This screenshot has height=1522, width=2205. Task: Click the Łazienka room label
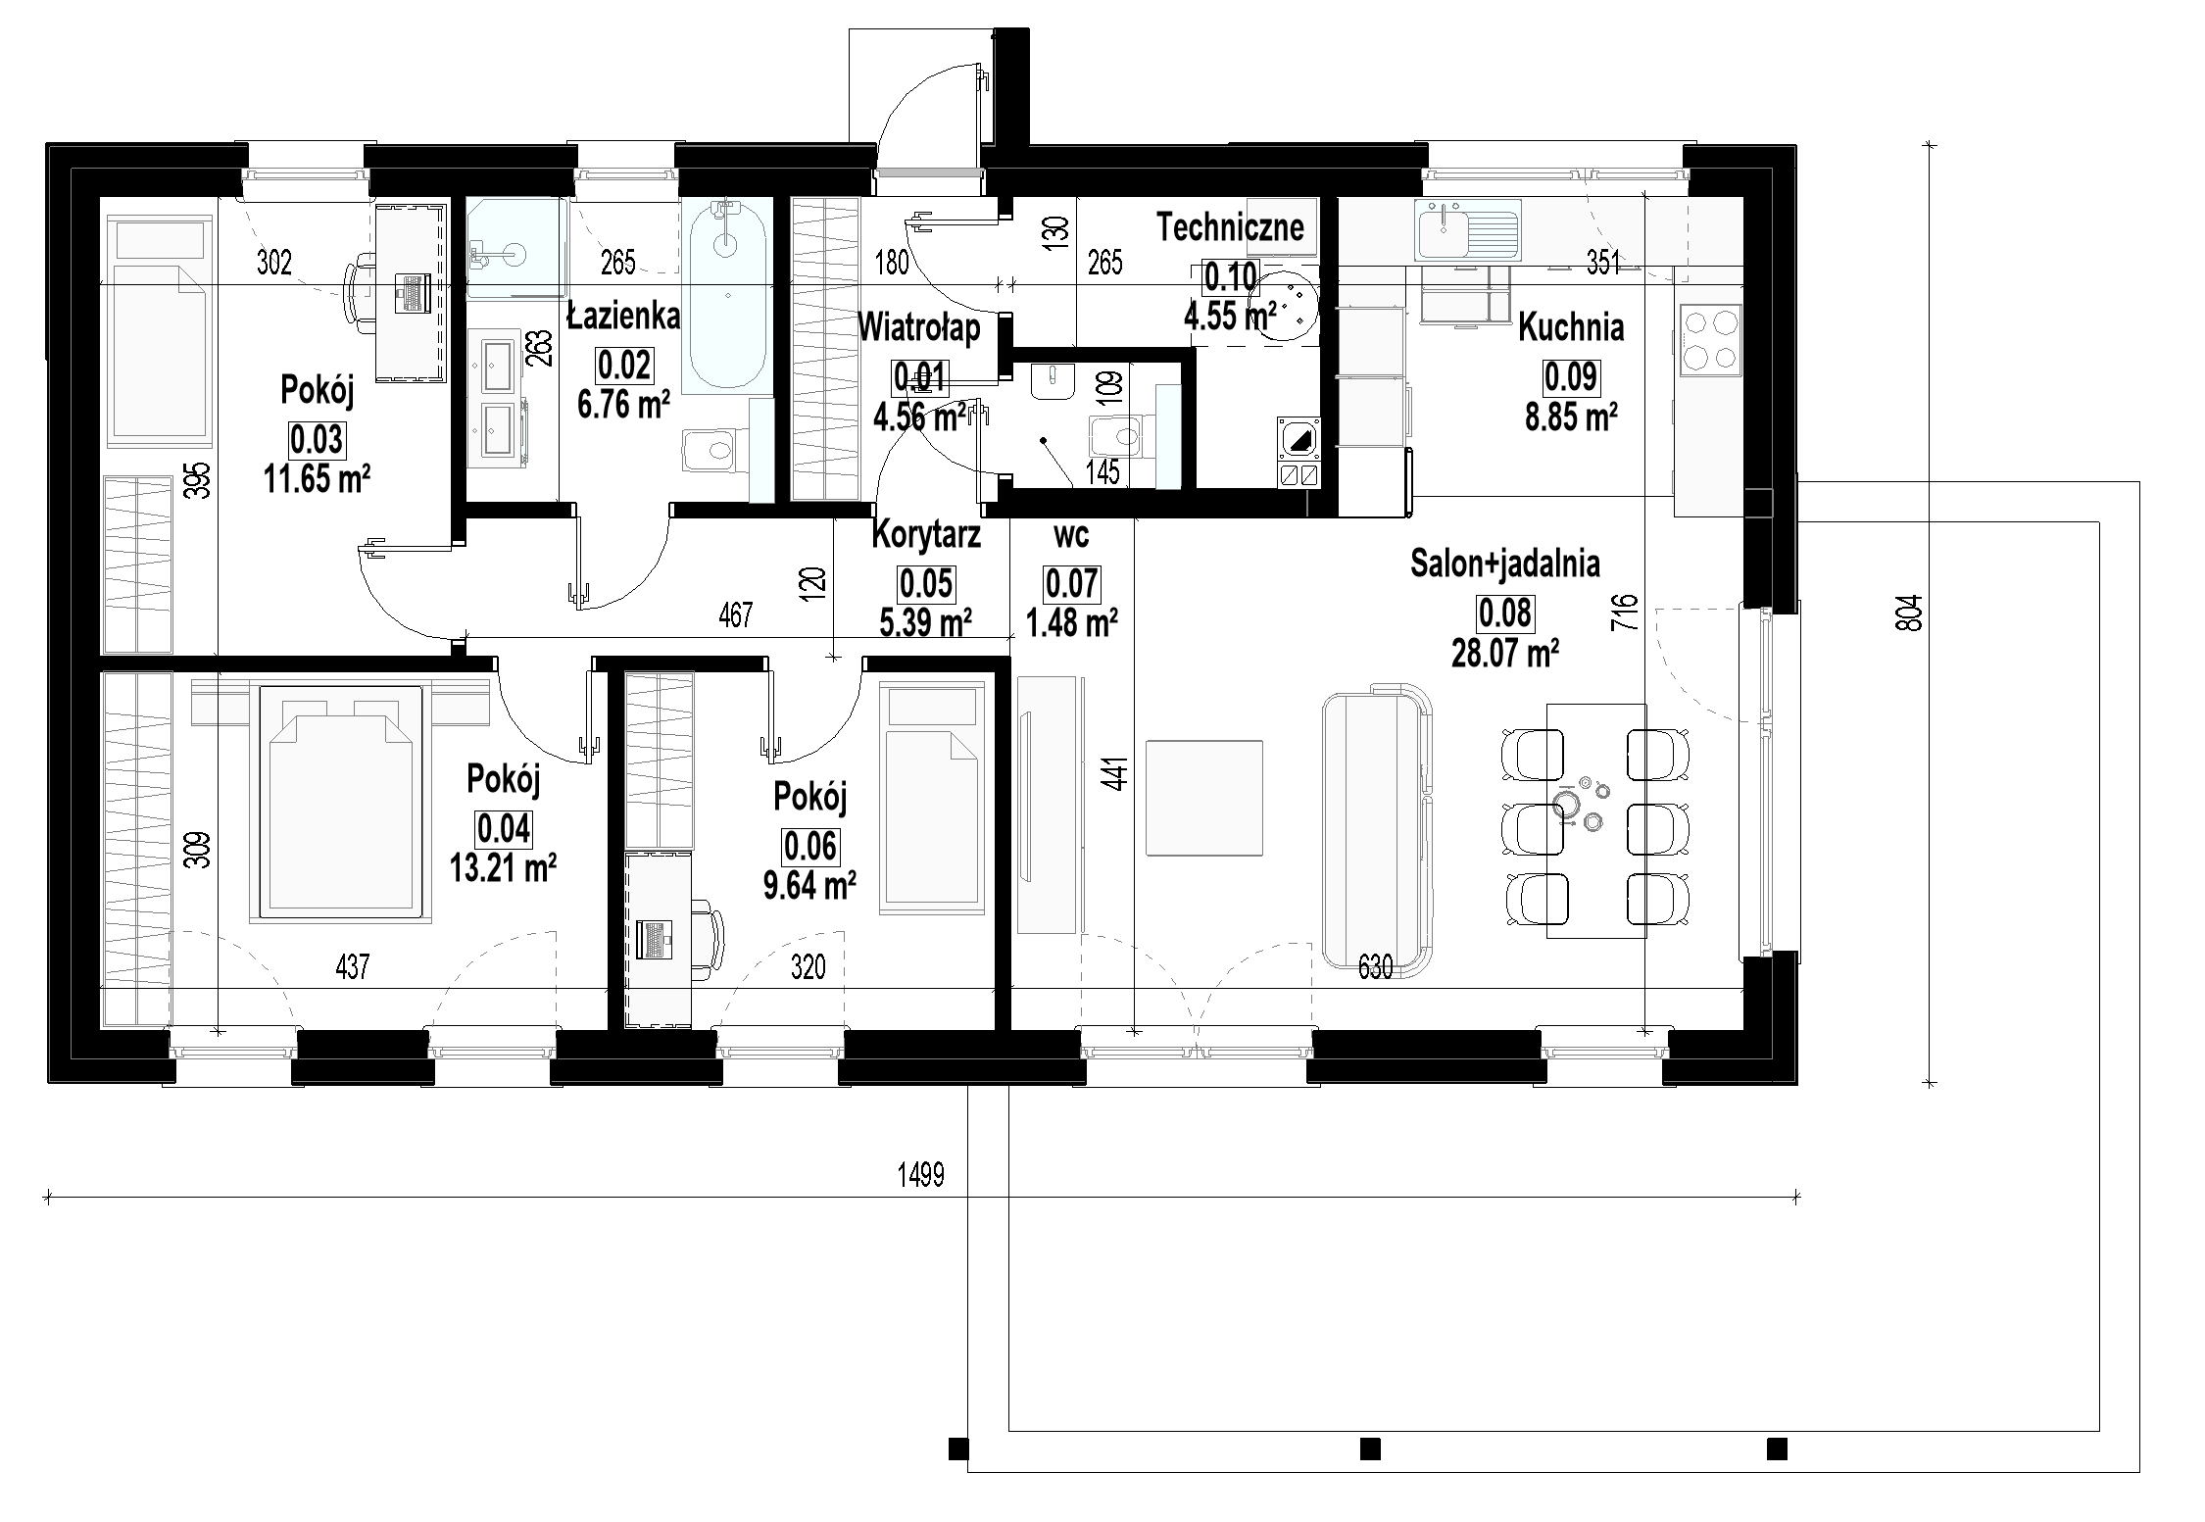624,316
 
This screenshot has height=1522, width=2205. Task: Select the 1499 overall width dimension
920,1175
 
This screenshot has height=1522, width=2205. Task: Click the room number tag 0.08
1504,614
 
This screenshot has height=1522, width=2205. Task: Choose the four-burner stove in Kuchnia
1710,340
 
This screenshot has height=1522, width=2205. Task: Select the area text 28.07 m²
1504,651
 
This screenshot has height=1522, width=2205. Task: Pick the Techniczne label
1230,226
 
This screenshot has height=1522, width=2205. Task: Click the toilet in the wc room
1117,434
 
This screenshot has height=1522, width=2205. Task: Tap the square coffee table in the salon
1203,798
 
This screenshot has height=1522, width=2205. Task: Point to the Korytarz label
925,535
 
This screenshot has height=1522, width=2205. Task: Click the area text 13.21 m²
503,866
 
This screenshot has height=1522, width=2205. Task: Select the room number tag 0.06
809,846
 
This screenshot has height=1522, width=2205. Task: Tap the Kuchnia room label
1570,327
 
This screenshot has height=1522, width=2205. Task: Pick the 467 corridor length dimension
735,614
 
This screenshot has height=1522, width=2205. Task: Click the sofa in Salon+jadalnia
1375,832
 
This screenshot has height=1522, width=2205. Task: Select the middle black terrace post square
1370,1476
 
